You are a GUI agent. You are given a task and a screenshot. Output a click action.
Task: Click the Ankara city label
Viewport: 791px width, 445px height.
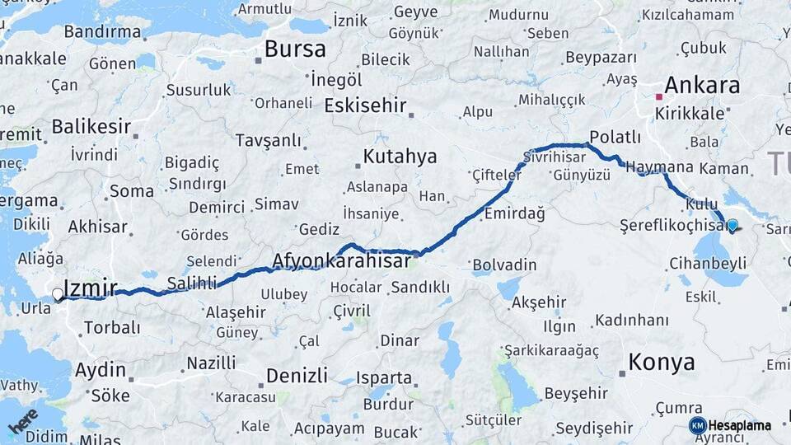click(702, 85)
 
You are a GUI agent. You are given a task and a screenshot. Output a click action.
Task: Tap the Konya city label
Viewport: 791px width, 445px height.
click(661, 362)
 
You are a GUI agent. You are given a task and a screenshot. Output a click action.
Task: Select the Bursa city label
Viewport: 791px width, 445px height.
click(295, 49)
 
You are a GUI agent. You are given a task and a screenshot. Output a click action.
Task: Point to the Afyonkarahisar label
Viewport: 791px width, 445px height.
click(341, 261)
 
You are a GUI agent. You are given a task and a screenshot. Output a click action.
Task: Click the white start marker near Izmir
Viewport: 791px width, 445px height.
click(58, 294)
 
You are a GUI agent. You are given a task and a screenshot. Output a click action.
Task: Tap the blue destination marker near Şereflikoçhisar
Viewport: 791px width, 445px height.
click(732, 224)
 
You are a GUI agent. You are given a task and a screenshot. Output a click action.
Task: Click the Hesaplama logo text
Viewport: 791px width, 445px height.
click(739, 425)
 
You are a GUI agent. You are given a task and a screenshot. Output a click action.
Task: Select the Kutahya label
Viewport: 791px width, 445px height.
click(400, 157)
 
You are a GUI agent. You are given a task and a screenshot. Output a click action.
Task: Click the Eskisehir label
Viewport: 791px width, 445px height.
click(365, 105)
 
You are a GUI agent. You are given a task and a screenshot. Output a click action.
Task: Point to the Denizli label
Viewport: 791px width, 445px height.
click(297, 376)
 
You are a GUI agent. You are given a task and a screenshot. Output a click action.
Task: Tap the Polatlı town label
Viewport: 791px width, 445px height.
click(615, 137)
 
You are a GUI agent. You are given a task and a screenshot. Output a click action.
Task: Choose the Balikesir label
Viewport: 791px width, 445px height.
click(91, 127)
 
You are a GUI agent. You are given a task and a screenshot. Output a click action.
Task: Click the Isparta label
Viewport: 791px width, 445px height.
click(384, 378)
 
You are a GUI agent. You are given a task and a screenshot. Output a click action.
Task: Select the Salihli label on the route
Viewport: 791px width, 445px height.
click(191, 283)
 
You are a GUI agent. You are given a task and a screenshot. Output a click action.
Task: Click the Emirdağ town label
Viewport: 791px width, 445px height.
click(515, 213)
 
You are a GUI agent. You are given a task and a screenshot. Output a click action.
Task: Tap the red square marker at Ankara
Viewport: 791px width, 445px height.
click(658, 97)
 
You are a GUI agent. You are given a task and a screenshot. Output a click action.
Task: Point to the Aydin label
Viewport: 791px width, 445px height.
click(101, 370)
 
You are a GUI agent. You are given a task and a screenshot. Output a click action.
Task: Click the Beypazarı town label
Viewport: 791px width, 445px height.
click(602, 58)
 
